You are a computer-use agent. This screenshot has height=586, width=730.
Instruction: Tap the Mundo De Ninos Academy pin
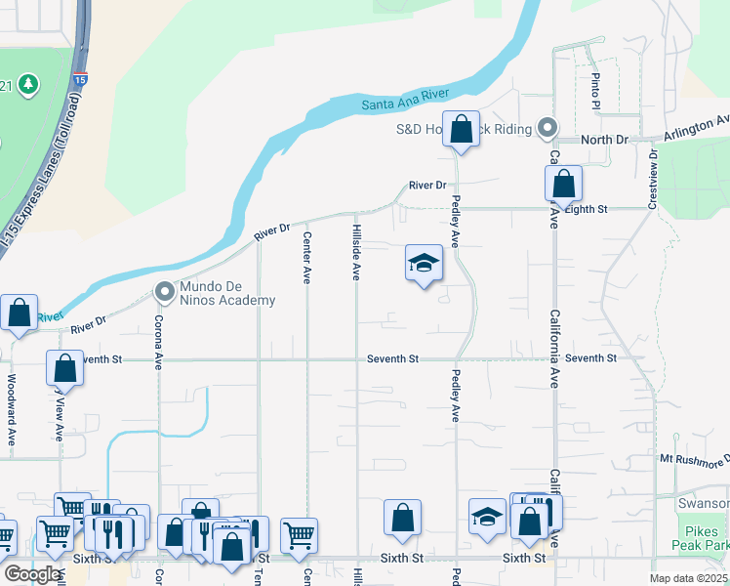164,291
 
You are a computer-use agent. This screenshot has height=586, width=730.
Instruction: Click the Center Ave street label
306,257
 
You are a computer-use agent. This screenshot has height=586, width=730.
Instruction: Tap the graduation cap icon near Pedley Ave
425,264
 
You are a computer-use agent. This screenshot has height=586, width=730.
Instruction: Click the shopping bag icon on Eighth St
563,183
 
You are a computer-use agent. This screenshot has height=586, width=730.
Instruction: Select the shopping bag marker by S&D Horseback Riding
462,129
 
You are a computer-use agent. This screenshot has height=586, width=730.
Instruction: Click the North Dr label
604,140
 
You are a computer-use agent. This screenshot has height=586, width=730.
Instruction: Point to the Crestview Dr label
652,179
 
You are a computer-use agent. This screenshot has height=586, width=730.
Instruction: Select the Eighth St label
586,209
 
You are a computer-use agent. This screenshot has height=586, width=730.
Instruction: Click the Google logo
32,573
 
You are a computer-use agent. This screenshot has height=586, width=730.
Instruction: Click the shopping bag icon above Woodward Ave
19,313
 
